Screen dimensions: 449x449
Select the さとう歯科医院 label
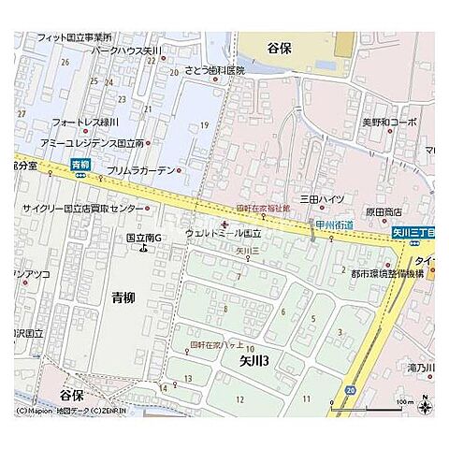(x=213, y=70)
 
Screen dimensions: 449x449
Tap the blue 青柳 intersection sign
(x=80, y=165)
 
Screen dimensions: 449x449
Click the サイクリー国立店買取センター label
(x=83, y=208)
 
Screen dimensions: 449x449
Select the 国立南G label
(x=145, y=237)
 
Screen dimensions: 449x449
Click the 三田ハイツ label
(x=322, y=199)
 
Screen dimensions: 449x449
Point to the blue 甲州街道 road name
(x=333, y=224)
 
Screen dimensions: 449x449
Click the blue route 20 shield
(x=350, y=388)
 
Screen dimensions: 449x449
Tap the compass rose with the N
(x=425, y=405)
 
